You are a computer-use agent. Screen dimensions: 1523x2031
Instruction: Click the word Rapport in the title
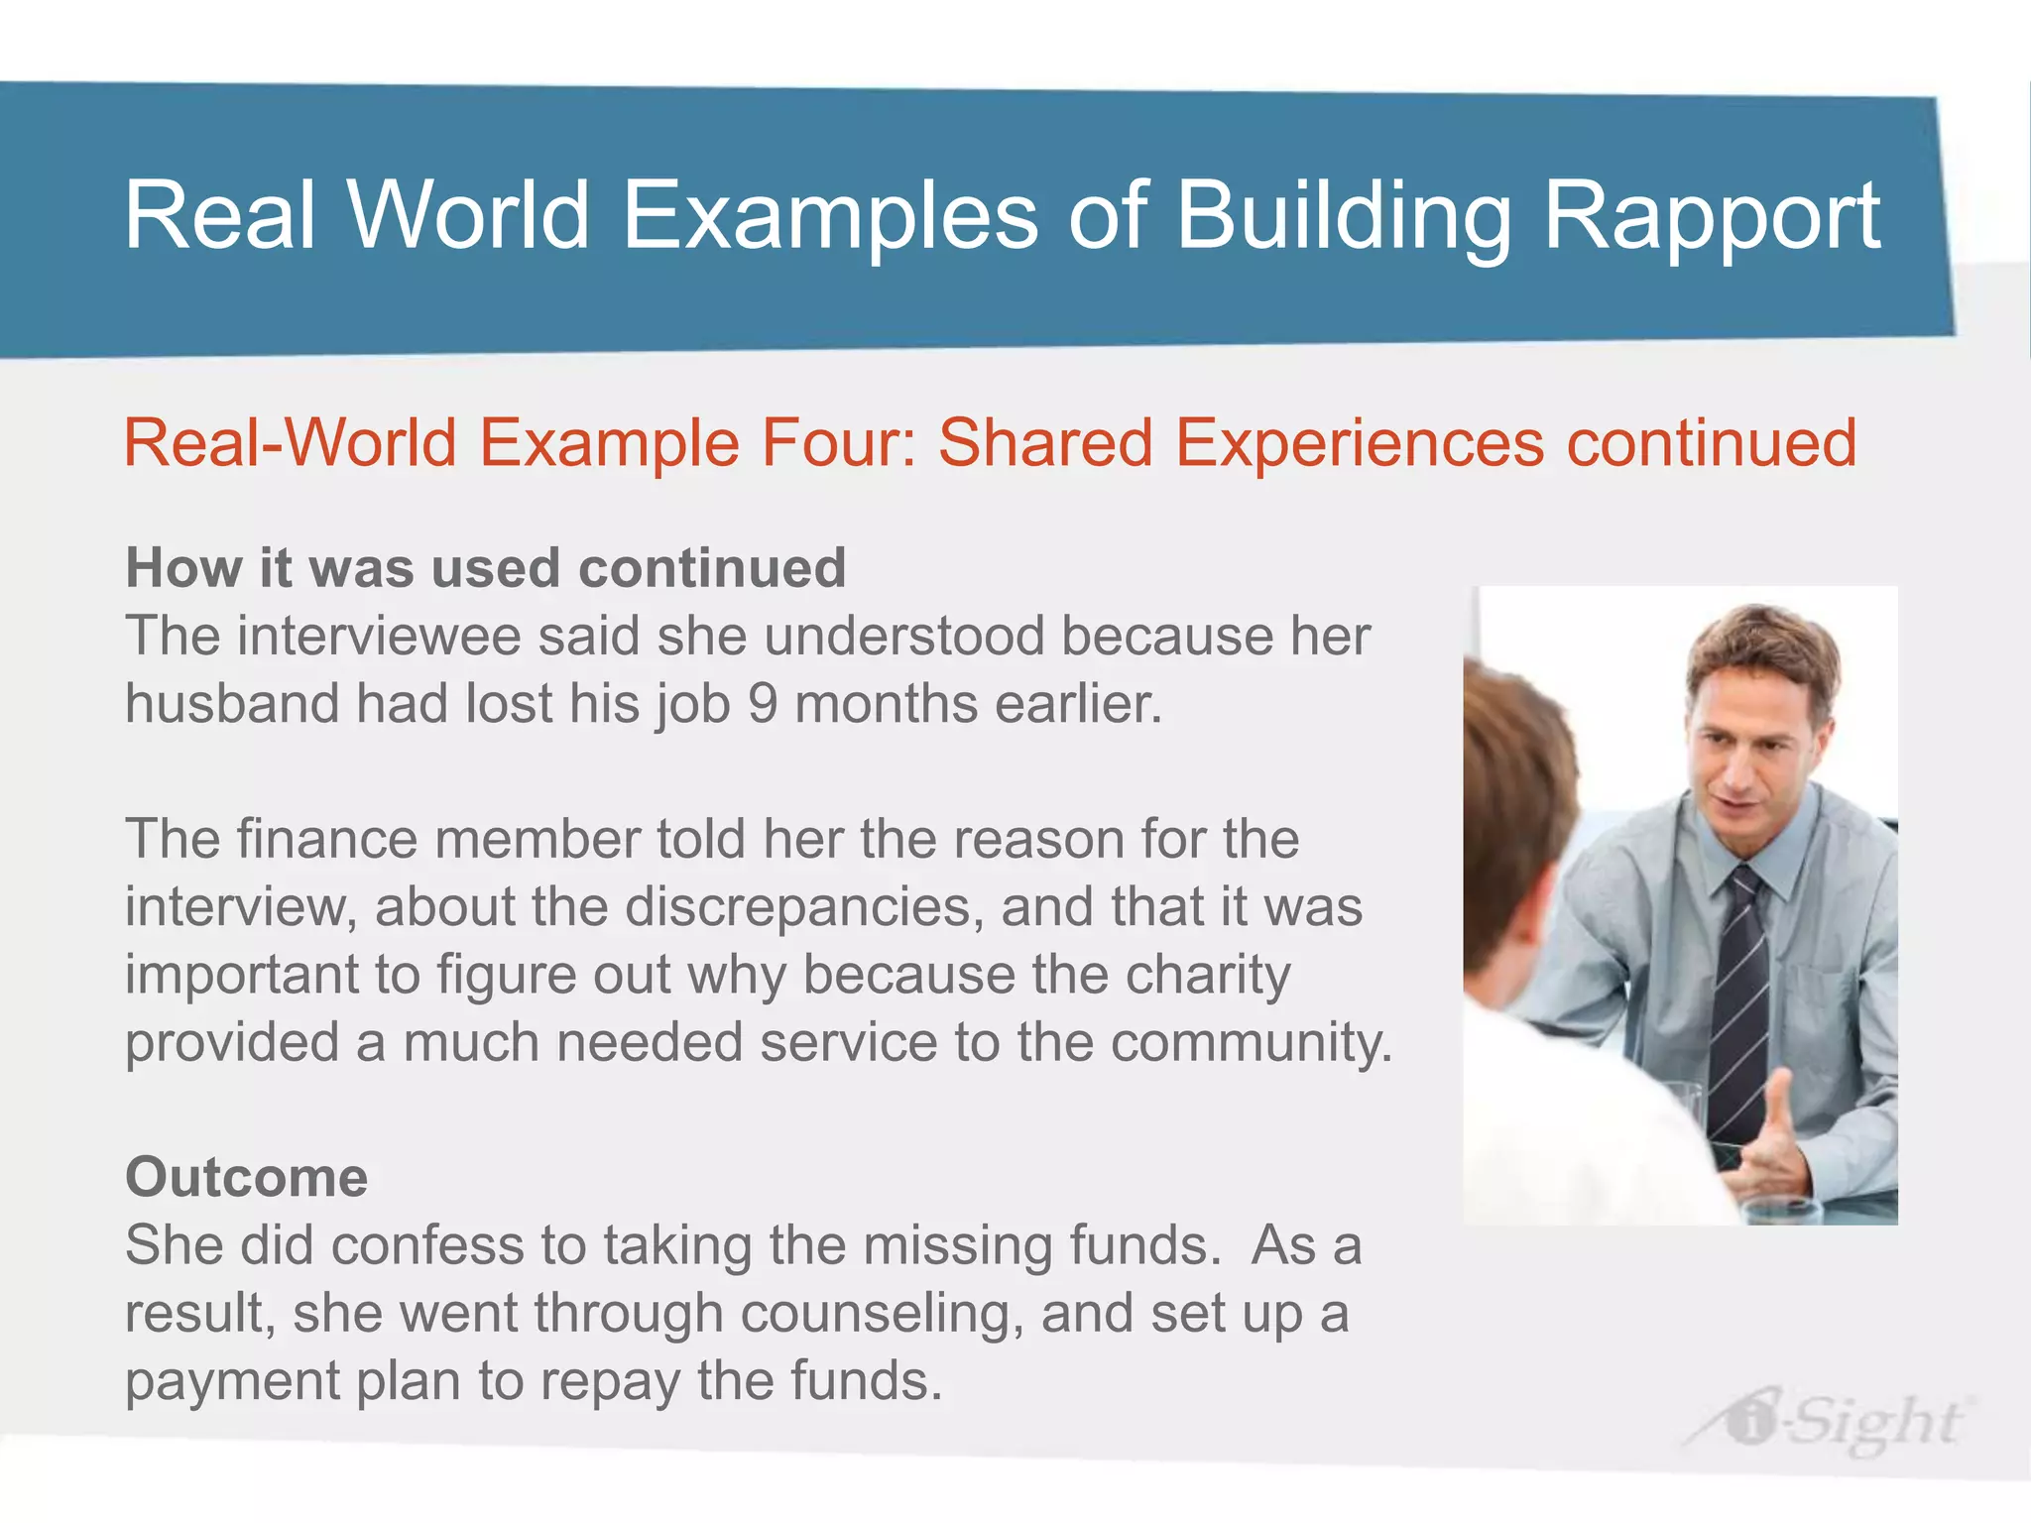[x=1711, y=216]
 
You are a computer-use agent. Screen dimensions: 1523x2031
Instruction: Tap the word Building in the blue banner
[x=1343, y=216]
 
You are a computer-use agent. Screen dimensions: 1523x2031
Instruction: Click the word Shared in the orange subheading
[x=1044, y=442]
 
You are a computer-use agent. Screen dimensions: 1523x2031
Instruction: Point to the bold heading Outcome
[x=246, y=1177]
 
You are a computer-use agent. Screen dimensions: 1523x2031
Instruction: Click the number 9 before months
[x=762, y=704]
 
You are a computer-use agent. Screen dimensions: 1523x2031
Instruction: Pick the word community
[x=1251, y=1043]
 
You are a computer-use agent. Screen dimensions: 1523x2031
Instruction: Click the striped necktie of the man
[x=1740, y=1001]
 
